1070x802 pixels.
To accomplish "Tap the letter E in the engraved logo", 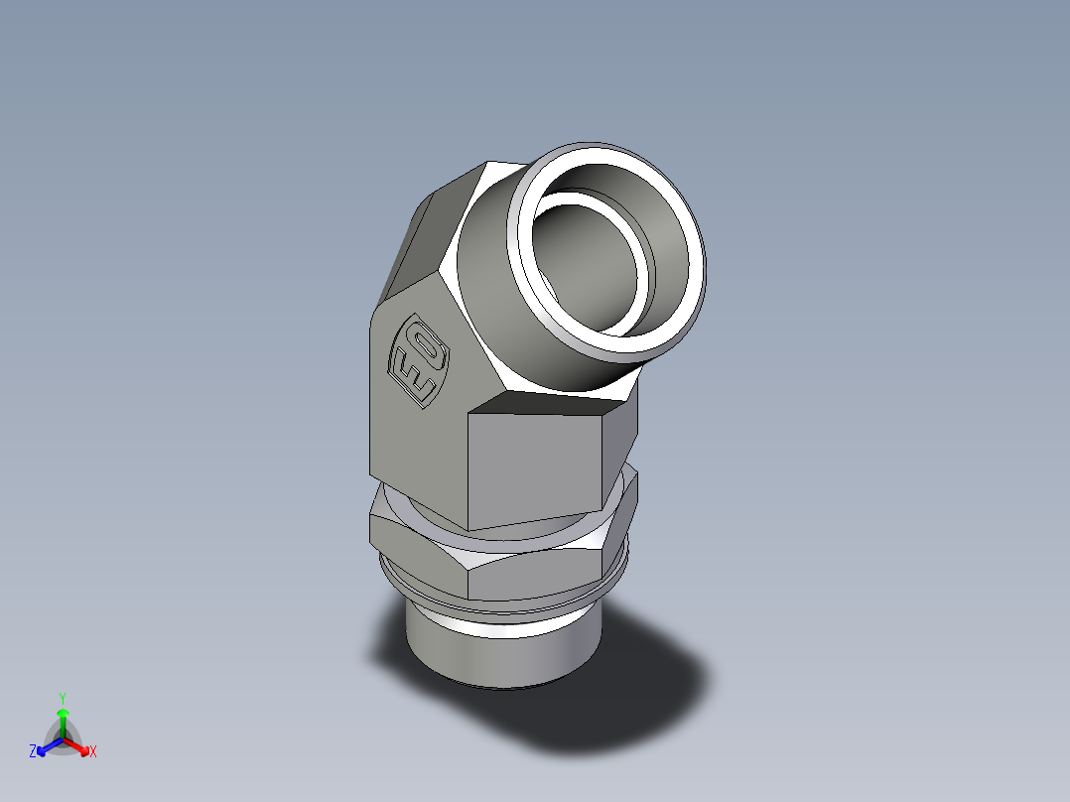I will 410,375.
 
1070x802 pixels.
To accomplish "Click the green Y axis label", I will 62,698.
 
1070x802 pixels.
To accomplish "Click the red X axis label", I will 93,752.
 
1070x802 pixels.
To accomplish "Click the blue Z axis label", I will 33,752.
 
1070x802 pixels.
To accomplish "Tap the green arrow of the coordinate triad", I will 63,719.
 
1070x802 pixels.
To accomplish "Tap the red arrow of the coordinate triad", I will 79,745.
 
